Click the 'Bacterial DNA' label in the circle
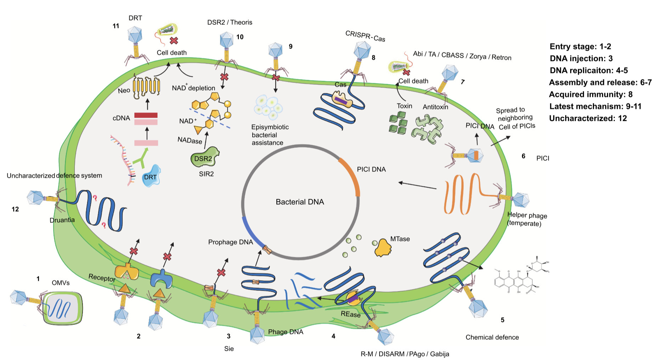click(x=300, y=202)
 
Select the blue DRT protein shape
click(x=151, y=176)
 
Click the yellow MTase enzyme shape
click(x=383, y=247)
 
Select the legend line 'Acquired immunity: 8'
click(x=590, y=94)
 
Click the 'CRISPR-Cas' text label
click(x=365, y=36)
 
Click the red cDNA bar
click(x=146, y=115)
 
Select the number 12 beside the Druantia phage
click(x=15, y=209)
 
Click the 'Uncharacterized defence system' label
click(x=54, y=175)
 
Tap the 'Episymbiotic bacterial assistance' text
click(x=269, y=135)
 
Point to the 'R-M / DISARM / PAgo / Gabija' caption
click(x=405, y=354)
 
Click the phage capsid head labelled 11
click(x=135, y=35)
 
